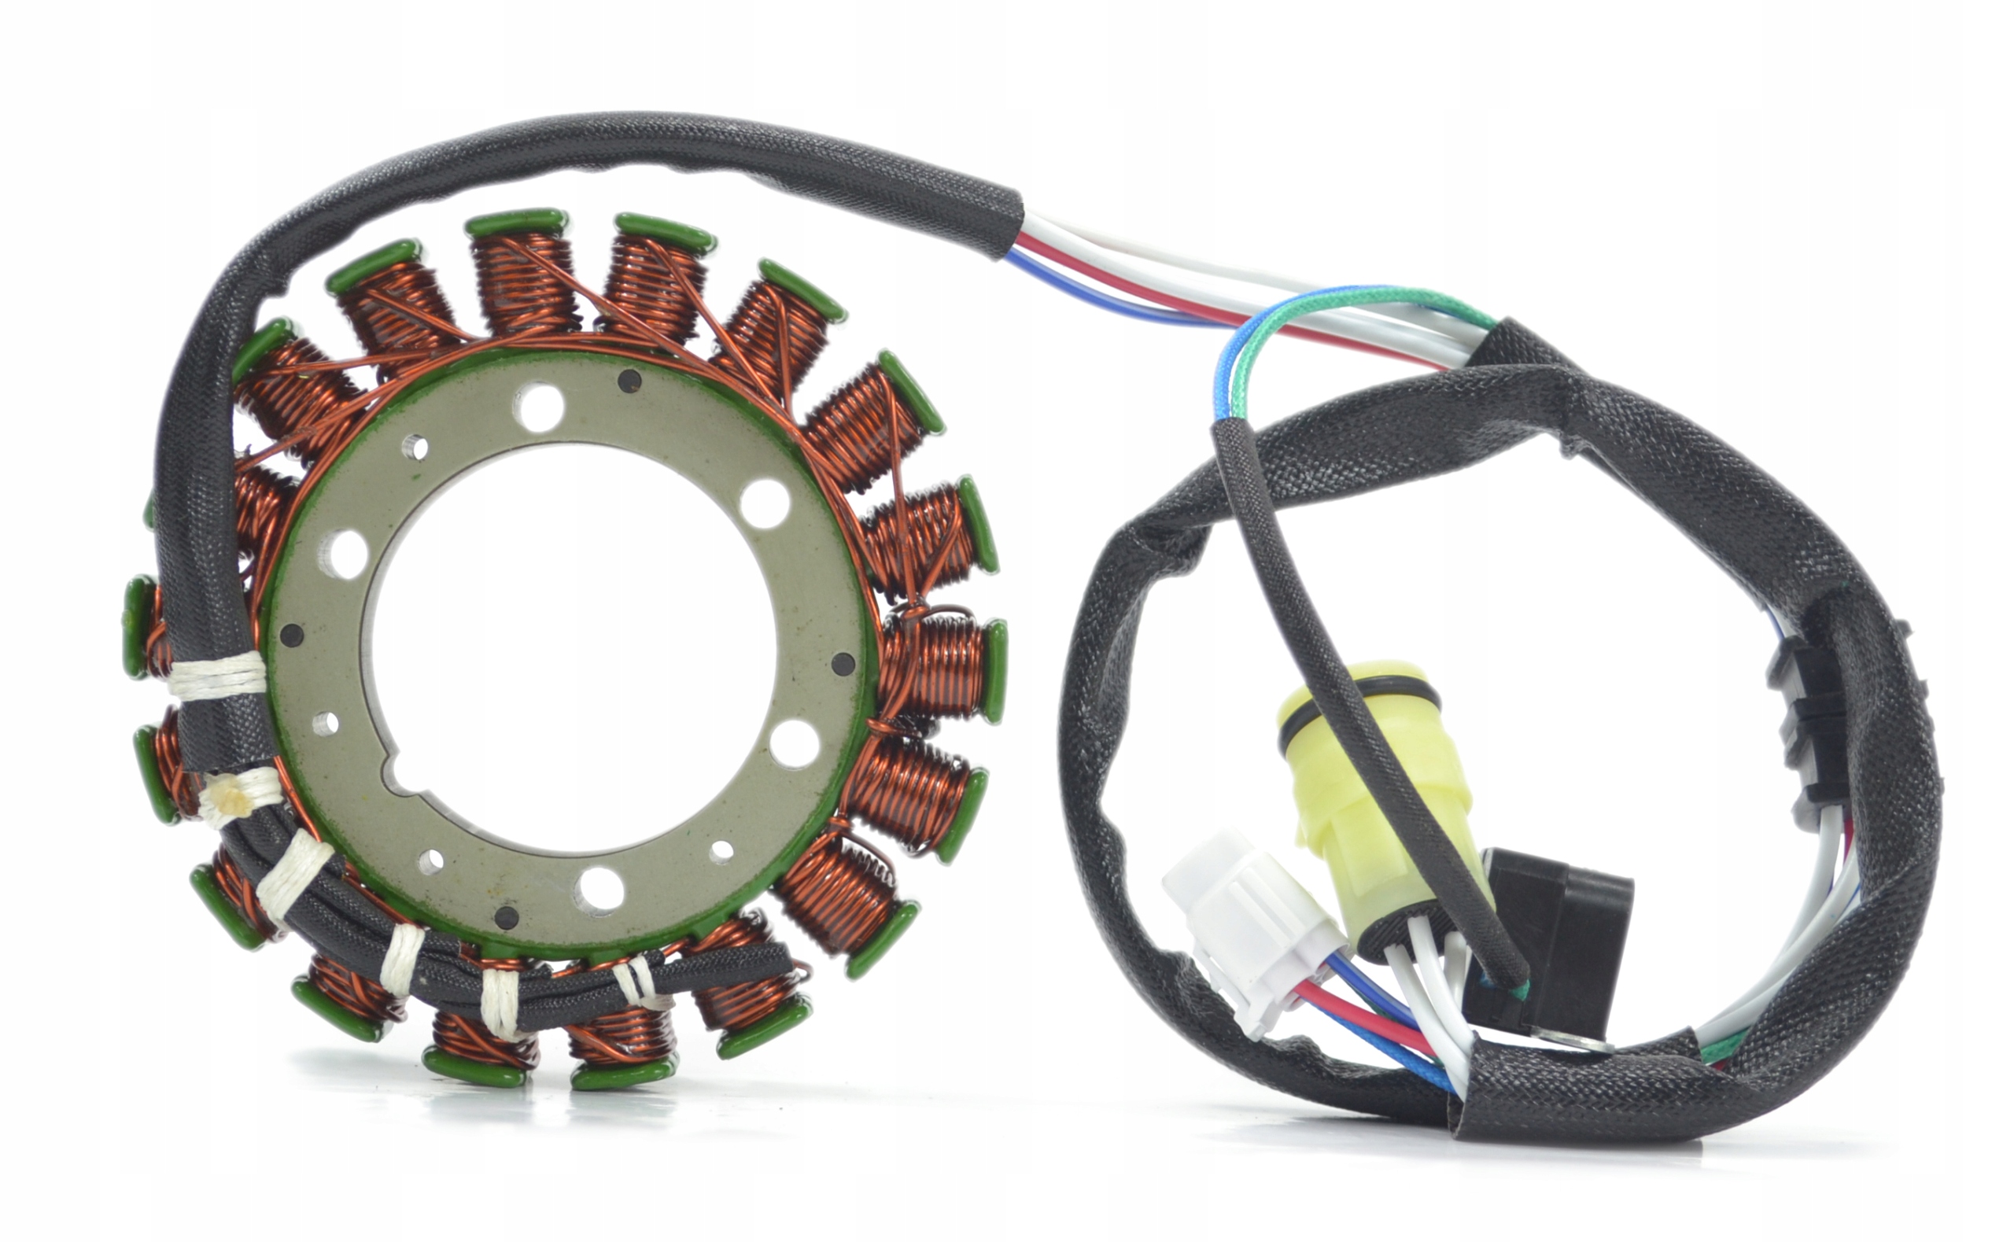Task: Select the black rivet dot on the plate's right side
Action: pos(842,662)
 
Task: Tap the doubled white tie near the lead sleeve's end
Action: pos(640,982)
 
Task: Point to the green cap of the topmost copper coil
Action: pos(516,223)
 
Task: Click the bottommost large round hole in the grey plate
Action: pos(599,889)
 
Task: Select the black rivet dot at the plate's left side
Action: pos(292,634)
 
